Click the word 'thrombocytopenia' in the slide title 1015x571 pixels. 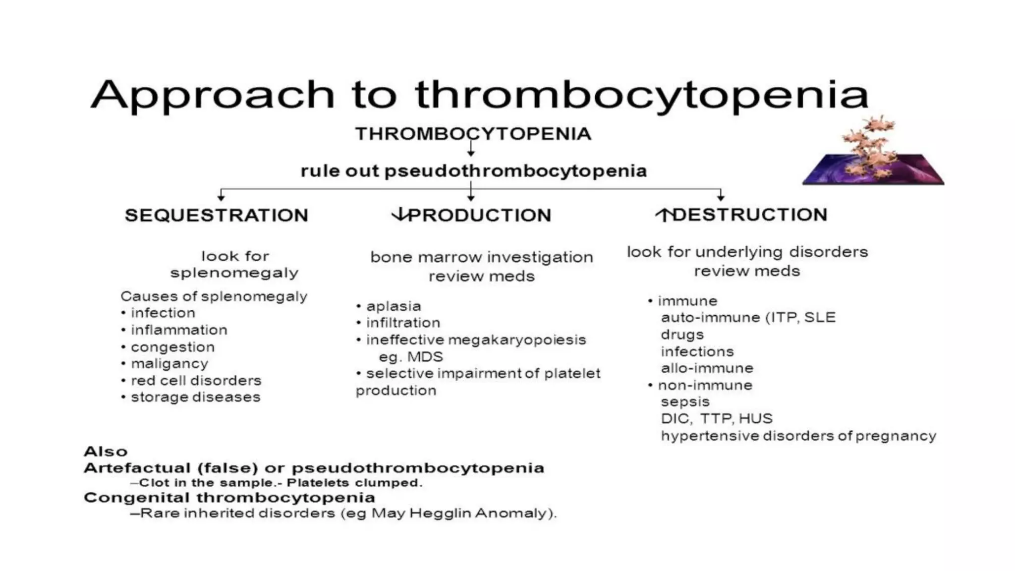coord(642,95)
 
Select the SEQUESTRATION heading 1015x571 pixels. coord(217,215)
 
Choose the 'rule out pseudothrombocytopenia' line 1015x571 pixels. coord(473,171)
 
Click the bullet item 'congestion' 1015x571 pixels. coord(172,347)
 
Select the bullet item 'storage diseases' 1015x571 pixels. coord(195,397)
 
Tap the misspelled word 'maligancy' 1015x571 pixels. coord(169,364)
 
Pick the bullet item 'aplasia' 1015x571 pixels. coord(394,306)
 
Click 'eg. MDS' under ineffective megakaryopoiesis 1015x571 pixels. coord(411,357)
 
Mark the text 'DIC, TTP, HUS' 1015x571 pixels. coord(717,419)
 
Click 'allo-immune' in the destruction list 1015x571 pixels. coord(707,368)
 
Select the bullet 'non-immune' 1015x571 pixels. coord(705,385)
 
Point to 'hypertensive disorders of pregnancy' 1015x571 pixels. coord(798,436)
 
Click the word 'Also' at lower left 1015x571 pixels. coord(106,452)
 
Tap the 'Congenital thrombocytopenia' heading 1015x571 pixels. coord(229,498)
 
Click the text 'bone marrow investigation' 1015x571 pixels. coord(481,257)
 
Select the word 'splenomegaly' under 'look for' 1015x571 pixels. coord(234,273)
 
